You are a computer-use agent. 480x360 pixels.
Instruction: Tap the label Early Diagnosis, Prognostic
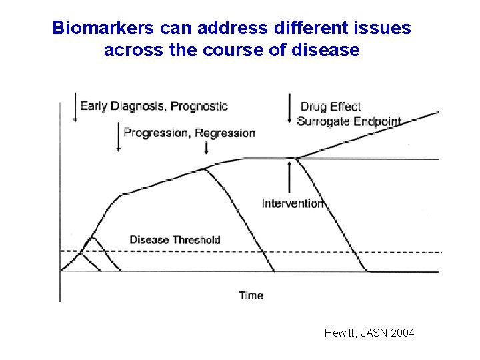tap(153, 106)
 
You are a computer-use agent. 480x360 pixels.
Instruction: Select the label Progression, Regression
tap(189, 133)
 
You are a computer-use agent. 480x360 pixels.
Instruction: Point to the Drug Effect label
tap(331, 107)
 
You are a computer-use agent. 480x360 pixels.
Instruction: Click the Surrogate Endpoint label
tap(349, 121)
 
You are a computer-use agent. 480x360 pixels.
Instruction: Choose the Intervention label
tap(293, 203)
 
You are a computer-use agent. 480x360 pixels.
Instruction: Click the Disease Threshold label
tap(175, 239)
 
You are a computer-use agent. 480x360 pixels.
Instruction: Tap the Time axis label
tap(251, 295)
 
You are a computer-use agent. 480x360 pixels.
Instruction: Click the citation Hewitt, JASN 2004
tap(369, 332)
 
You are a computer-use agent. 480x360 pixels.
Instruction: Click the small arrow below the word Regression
tap(205, 147)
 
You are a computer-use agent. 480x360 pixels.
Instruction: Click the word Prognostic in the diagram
tap(199, 106)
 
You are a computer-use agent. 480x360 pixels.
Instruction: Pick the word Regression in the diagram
tap(225, 133)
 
